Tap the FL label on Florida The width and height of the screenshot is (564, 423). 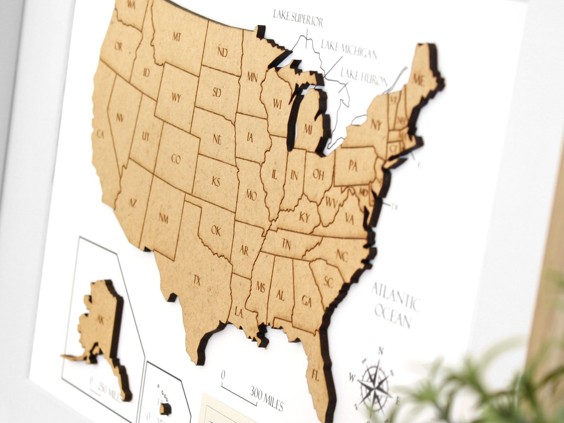(x=315, y=373)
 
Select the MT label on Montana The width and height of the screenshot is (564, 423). (x=177, y=37)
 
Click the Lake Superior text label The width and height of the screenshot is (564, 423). (x=297, y=18)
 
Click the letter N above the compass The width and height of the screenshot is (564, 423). (x=381, y=351)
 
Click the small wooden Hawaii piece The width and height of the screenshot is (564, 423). (x=166, y=408)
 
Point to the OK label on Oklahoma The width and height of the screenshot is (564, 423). (x=216, y=231)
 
